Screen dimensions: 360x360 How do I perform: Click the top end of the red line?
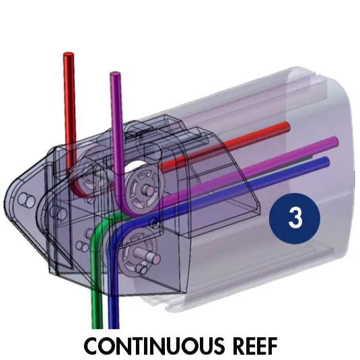click(x=69, y=55)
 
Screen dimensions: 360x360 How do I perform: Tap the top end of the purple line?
click(x=115, y=74)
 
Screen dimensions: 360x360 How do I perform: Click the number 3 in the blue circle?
click(x=295, y=218)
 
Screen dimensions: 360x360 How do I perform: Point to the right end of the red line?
click(x=287, y=127)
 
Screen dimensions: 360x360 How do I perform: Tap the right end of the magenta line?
click(x=334, y=142)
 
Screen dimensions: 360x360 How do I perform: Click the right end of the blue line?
click(x=326, y=161)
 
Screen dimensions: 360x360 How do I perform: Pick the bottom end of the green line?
click(x=98, y=326)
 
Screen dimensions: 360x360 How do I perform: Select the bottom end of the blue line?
click(x=114, y=326)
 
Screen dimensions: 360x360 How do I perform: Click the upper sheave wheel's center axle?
click(x=146, y=190)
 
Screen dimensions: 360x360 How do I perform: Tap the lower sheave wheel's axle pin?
click(x=147, y=256)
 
